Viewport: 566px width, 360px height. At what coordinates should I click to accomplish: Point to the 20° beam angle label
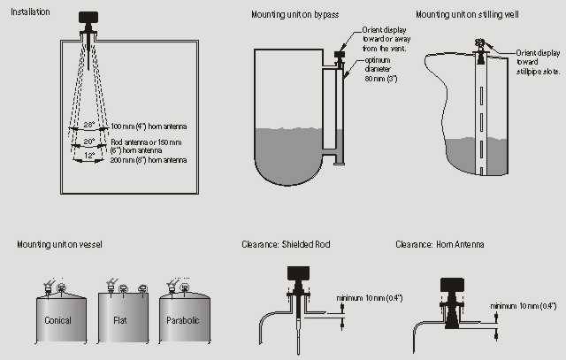[88, 142]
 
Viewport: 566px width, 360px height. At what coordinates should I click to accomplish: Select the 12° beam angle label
[88, 155]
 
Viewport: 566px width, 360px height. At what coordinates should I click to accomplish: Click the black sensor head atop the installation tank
[88, 17]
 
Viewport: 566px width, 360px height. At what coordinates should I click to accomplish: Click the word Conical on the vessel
[57, 320]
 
